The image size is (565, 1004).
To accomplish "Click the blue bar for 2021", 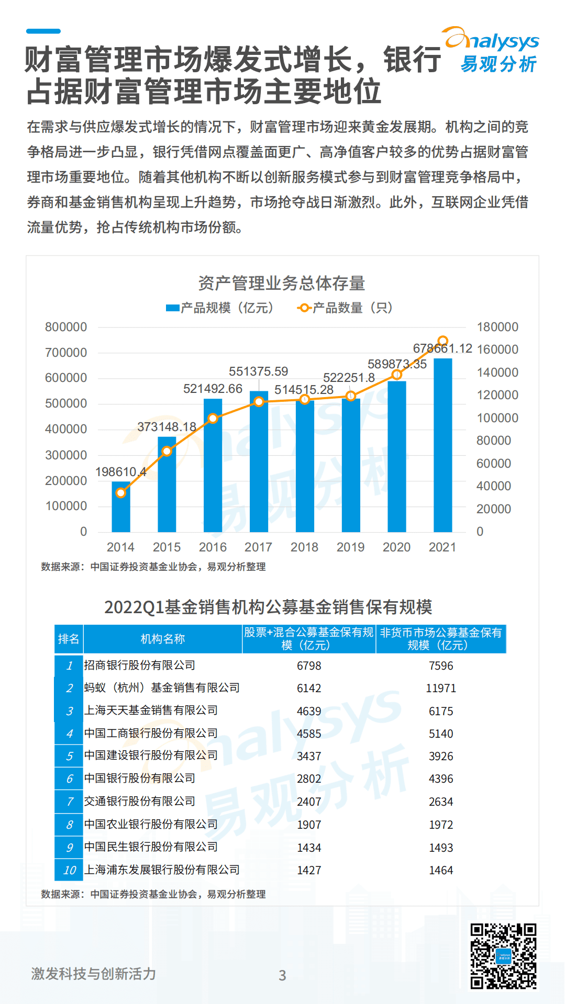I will (442, 445).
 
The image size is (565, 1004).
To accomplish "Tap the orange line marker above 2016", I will (213, 419).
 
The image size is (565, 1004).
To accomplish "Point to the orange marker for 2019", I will (351, 396).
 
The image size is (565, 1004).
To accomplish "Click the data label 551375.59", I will (258, 371).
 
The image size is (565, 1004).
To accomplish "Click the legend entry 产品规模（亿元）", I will (220, 308).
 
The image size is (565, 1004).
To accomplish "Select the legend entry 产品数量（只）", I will (346, 308).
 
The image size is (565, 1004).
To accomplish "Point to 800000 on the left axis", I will (66, 327).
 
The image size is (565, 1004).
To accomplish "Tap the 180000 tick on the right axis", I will (497, 327).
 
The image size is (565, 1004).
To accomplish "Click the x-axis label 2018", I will (304, 547).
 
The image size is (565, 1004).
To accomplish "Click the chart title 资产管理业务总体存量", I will (282, 283).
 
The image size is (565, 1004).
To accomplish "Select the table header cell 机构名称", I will (162, 639).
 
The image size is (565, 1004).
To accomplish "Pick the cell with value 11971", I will (441, 689).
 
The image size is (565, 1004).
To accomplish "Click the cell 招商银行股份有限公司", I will (140, 665).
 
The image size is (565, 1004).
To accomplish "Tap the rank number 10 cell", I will (69, 870).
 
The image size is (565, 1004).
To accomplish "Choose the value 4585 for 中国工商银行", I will (309, 734).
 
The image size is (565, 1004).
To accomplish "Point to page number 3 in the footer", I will (282, 975).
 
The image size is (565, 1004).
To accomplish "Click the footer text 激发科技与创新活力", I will (94, 974).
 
